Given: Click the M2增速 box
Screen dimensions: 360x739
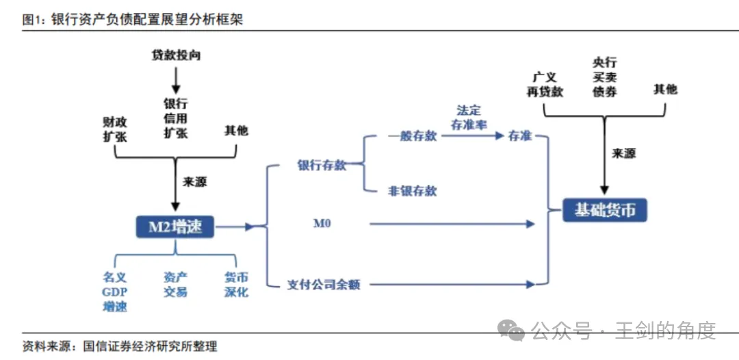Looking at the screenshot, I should pyautogui.click(x=175, y=227).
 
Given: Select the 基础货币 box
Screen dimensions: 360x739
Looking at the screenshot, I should pyautogui.click(x=604, y=209).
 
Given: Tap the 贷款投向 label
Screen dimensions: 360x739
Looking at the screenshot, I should pyautogui.click(x=177, y=55).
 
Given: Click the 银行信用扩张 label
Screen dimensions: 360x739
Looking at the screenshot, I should pyautogui.click(x=176, y=118).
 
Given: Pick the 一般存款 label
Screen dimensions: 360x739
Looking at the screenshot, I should pyautogui.click(x=412, y=136).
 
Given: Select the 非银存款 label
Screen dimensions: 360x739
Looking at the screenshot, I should pyautogui.click(x=412, y=191).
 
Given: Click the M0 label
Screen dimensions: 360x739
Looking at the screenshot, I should pyautogui.click(x=322, y=223).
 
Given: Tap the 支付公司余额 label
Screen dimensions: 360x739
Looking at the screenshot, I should pyautogui.click(x=323, y=284).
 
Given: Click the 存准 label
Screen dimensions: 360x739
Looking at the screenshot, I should pyautogui.click(x=520, y=136).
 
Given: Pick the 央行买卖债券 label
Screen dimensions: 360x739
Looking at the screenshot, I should pyautogui.click(x=605, y=77).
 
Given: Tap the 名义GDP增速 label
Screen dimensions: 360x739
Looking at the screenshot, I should pyautogui.click(x=115, y=292).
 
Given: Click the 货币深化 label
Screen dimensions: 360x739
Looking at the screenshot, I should pyautogui.click(x=236, y=285).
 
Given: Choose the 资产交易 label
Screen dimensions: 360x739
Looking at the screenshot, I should pyautogui.click(x=175, y=285).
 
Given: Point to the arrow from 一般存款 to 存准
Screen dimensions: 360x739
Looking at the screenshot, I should pyautogui.click(x=471, y=136).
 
